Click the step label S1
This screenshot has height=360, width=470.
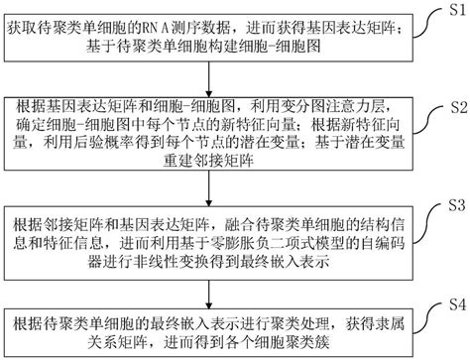point(454,11)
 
